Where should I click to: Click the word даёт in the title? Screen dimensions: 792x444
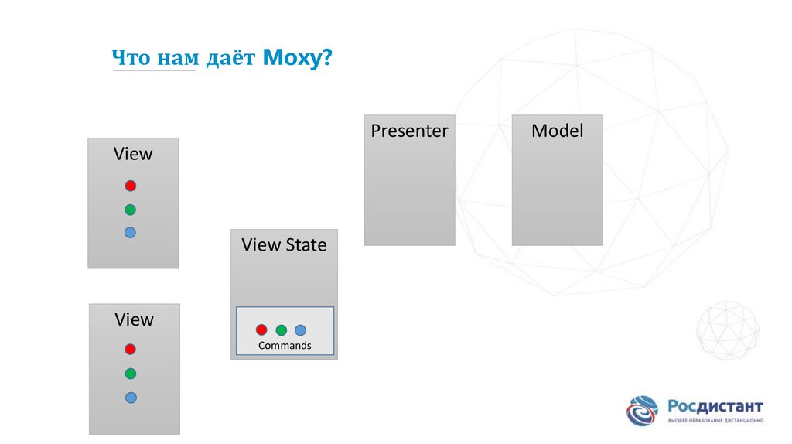(x=230, y=58)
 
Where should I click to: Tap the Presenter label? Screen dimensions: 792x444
(x=409, y=131)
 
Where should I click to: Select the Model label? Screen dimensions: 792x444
(x=557, y=131)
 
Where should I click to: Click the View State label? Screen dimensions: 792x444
(x=284, y=245)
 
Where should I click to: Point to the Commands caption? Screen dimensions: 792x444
(x=285, y=346)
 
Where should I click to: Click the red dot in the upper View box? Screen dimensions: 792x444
(x=131, y=186)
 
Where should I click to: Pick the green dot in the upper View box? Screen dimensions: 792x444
(x=130, y=209)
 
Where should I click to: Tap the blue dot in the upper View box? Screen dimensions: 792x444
(x=130, y=232)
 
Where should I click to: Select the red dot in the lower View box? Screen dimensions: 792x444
(x=130, y=350)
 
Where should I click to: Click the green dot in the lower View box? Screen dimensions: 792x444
(x=130, y=374)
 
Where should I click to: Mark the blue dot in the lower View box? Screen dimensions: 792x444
(x=131, y=398)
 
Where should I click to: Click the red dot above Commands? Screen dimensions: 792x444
(x=261, y=330)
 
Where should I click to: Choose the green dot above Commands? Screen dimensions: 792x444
(x=281, y=330)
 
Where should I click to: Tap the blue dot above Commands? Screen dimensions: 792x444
(x=300, y=330)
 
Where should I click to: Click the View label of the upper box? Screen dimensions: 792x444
(x=133, y=154)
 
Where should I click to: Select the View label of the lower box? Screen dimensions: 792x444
(x=134, y=319)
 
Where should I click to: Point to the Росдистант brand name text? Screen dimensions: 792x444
(x=715, y=406)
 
